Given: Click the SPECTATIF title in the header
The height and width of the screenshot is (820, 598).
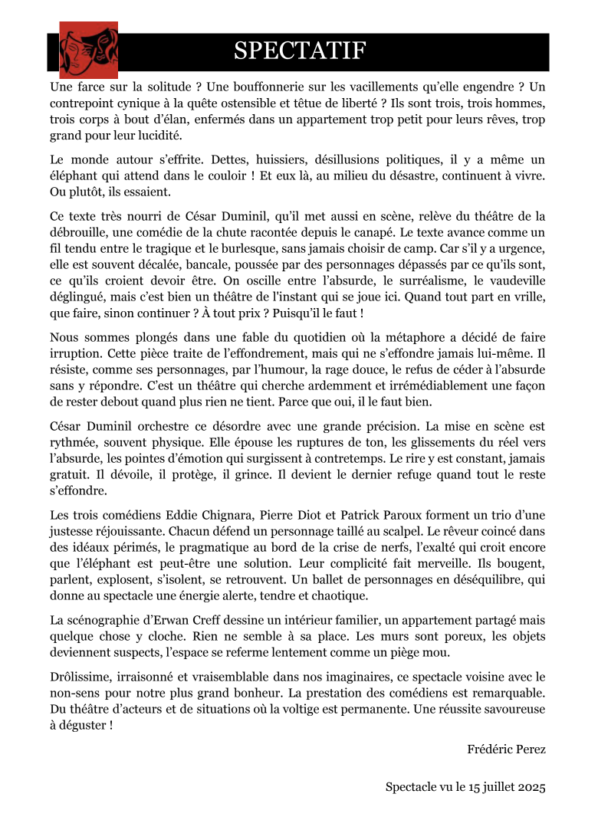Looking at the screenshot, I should pyautogui.click(x=300, y=51).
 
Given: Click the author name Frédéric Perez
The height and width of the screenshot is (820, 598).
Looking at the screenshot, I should pyautogui.click(x=506, y=749).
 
